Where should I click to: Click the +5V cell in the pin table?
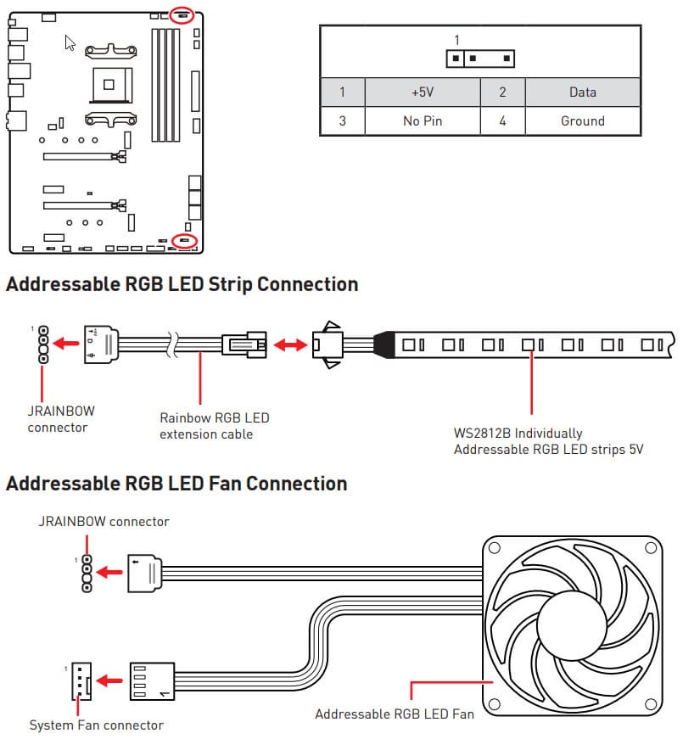tap(422, 92)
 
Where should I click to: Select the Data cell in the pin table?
tap(582, 92)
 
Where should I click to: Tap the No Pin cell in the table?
tap(422, 121)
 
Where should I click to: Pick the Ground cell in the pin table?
tap(582, 121)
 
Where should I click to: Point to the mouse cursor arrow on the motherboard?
tap(70, 42)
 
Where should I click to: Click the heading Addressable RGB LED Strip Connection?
tap(182, 284)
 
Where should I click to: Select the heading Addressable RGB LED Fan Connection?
tap(176, 484)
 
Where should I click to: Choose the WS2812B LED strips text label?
tap(548, 441)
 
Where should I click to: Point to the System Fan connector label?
tap(96, 725)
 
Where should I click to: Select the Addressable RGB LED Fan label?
tap(395, 714)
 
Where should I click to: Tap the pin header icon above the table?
tap(481, 59)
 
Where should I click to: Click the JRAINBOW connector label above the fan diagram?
tap(104, 521)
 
